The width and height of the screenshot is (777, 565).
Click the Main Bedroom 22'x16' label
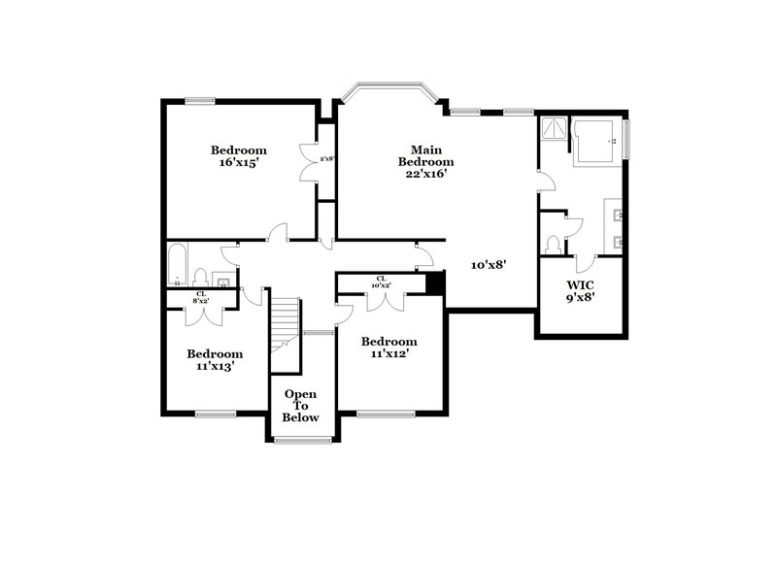(x=420, y=162)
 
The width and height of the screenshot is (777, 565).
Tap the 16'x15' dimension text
(x=238, y=163)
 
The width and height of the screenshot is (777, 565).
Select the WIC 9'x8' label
(x=581, y=290)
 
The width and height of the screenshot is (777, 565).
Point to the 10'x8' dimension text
(x=488, y=264)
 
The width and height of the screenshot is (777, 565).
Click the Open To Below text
(x=301, y=406)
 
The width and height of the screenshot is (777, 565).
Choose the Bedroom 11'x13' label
(x=215, y=360)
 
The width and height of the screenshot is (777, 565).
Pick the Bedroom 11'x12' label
(x=388, y=348)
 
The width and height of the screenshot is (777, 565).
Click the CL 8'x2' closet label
(x=201, y=298)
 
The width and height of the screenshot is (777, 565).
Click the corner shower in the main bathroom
(x=554, y=130)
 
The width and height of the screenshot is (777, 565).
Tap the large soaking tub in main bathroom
(x=596, y=142)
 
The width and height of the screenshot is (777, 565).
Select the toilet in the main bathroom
(x=553, y=242)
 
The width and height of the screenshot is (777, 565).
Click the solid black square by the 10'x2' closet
(x=436, y=282)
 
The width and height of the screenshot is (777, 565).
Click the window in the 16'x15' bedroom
(x=200, y=99)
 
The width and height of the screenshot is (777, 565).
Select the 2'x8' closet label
(x=327, y=158)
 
